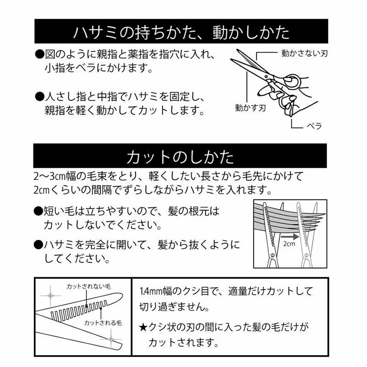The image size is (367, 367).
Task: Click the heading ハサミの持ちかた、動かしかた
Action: [181, 32]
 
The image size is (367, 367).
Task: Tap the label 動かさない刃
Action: [304, 53]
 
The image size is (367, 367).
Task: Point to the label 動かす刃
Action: [250, 108]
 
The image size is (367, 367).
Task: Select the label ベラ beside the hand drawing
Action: [314, 126]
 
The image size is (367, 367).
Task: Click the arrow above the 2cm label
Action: [289, 237]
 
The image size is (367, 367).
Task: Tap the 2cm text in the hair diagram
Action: [289, 244]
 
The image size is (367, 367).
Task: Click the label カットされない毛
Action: [89, 286]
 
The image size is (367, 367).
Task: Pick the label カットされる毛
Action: [103, 323]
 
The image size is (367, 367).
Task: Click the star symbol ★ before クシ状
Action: [143, 327]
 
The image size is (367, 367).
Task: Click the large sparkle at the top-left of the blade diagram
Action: [50, 296]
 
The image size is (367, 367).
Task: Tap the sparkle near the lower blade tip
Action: [111, 339]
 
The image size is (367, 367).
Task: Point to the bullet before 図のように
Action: [39, 55]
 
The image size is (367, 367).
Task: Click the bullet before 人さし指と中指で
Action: [39, 96]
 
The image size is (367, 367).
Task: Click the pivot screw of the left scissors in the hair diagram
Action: [272, 255]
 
